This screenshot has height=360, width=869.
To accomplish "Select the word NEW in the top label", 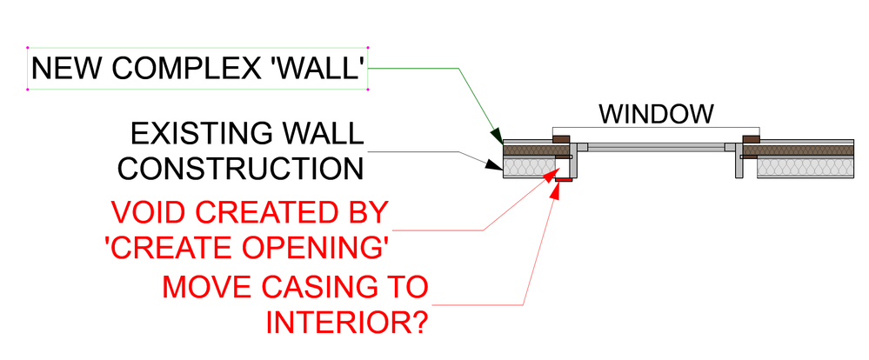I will [64, 70].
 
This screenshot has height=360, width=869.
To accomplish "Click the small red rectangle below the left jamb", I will [565, 179].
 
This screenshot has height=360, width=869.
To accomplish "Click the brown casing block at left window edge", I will [561, 137].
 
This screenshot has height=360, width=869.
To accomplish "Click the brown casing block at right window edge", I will [751, 137].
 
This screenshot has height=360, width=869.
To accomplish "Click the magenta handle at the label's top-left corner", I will [29, 48].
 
